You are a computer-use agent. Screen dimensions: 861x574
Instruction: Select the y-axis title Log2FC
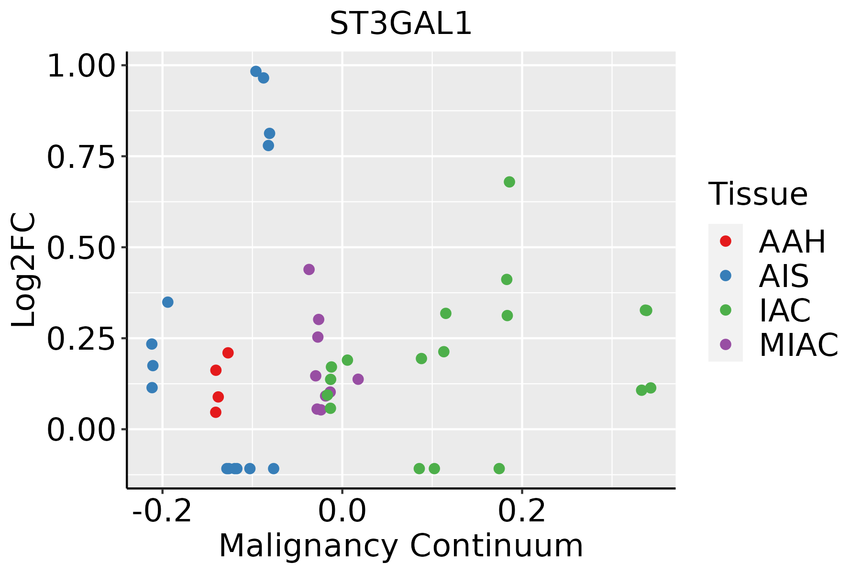click(24, 270)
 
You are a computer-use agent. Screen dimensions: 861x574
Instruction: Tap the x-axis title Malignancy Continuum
click(401, 546)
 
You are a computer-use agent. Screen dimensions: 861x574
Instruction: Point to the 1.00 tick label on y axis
click(81, 66)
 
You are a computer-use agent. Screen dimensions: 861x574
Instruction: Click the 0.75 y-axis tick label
click(81, 156)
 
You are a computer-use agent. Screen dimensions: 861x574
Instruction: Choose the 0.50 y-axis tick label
click(81, 247)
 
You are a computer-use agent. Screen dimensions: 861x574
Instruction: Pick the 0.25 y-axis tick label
click(81, 338)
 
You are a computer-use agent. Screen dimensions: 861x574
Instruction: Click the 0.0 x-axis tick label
click(342, 511)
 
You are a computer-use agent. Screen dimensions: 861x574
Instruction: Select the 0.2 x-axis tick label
click(522, 511)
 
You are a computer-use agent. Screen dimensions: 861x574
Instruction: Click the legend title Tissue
click(758, 194)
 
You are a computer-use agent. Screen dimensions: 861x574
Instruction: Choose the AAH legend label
click(792, 242)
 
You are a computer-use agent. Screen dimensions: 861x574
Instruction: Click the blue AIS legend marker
click(726, 276)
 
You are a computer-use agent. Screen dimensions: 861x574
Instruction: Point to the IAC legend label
click(785, 310)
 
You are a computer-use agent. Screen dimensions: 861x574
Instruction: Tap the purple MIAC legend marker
click(726, 344)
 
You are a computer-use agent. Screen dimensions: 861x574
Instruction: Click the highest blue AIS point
click(256, 71)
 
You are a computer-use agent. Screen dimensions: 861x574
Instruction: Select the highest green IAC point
click(509, 182)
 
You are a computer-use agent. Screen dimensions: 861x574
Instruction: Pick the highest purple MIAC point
click(309, 269)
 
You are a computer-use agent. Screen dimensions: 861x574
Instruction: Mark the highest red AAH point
click(228, 353)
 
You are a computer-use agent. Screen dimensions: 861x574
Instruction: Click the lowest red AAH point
click(216, 412)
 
